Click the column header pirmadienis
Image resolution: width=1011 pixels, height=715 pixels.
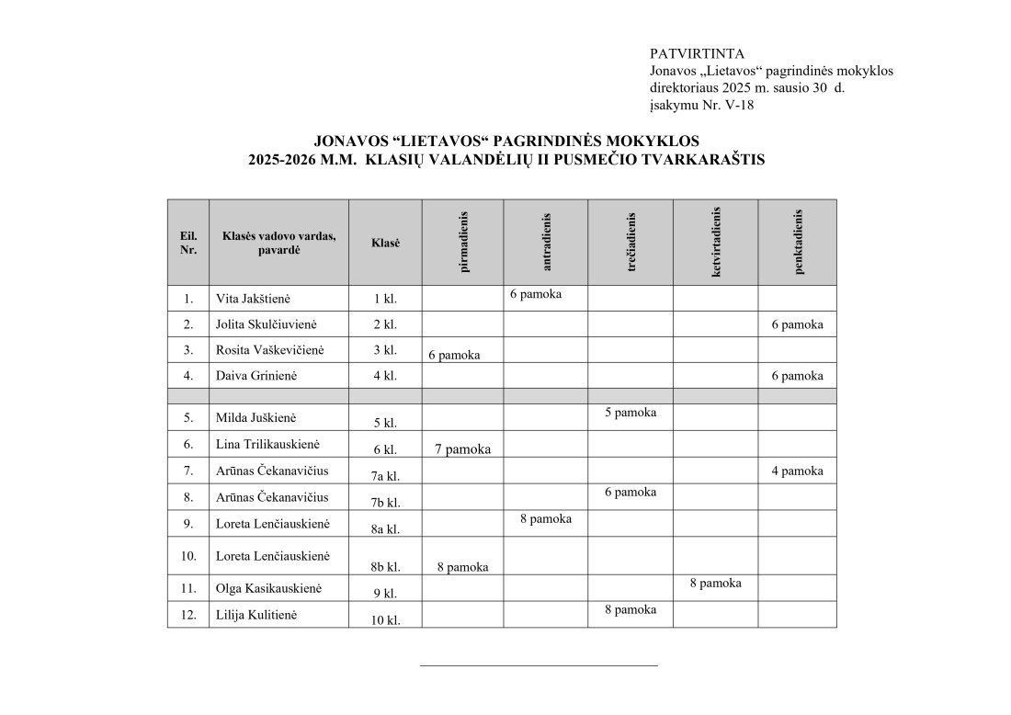(x=463, y=242)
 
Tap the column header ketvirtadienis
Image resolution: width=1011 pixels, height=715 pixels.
(x=716, y=242)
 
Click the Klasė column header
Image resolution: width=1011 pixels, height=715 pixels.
(x=385, y=243)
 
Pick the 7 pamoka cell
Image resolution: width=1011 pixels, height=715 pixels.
(x=463, y=449)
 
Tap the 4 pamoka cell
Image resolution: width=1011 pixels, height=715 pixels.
(x=797, y=471)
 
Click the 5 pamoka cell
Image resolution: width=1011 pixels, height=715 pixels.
(x=630, y=413)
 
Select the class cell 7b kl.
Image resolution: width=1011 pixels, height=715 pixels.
(x=385, y=502)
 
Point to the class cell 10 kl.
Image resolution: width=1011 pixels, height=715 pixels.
(x=385, y=620)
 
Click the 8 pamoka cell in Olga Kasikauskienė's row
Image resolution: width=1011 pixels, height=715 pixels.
(x=715, y=583)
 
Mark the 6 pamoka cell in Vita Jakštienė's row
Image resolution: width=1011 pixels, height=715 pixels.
(x=535, y=294)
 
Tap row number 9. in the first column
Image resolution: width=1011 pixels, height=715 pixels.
(x=188, y=523)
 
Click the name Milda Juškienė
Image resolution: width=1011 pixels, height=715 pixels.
(x=256, y=417)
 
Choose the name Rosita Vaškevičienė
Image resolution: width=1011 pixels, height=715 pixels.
(x=269, y=350)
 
